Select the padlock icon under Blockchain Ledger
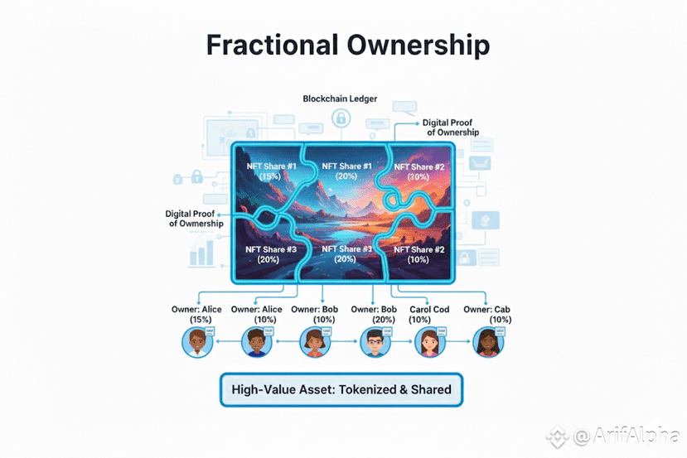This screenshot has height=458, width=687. (339, 119)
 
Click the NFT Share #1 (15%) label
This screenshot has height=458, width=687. (271, 171)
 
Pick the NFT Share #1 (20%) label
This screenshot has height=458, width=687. (341, 171)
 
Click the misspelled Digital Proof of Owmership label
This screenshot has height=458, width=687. (195, 219)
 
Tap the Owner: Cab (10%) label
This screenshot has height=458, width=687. (487, 315)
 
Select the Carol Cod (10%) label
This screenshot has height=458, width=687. (429, 315)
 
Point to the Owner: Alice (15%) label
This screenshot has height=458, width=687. (198, 315)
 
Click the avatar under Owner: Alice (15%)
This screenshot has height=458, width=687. (196, 342)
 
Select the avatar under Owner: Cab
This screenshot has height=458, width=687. (487, 342)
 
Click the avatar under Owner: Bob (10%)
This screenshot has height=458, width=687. (313, 342)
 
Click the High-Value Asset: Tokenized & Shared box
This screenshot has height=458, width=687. (341, 389)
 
